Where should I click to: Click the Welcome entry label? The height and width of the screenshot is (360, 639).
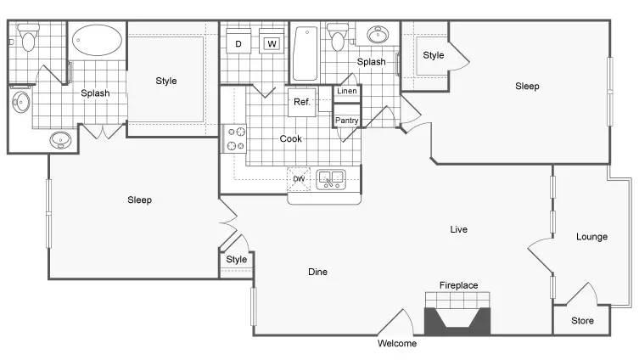397,343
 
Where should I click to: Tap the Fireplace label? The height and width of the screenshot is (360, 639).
458,285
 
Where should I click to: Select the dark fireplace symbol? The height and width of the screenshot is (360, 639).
457,321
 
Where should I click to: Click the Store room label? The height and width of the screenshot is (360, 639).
582,320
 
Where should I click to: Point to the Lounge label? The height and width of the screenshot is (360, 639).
591,237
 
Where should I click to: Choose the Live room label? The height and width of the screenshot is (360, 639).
458,229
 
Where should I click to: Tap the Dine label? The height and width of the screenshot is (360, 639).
317,272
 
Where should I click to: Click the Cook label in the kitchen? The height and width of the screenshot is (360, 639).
290,138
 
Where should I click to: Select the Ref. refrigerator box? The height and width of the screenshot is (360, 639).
302,102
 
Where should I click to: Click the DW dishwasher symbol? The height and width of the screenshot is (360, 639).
299,179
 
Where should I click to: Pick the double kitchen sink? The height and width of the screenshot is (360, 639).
331,180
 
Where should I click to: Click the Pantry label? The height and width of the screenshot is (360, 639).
347,121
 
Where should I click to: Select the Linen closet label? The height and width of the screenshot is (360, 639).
347,91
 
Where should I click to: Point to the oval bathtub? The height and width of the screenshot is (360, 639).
97,41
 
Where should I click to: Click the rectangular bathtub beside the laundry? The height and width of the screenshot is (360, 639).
305,53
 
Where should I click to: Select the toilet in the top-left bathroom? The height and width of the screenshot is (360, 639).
28,37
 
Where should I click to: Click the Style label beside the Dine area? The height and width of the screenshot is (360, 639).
237,259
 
